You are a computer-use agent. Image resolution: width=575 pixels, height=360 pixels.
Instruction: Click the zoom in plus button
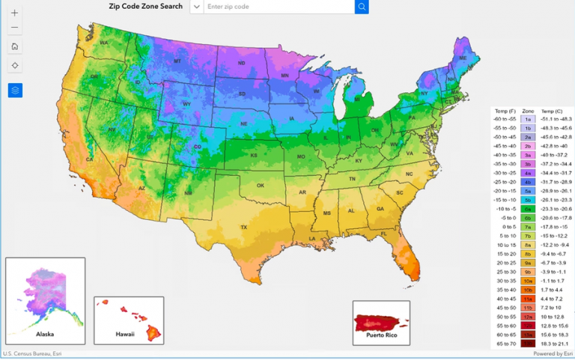15,13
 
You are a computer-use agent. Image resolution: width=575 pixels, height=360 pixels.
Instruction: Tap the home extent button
15,46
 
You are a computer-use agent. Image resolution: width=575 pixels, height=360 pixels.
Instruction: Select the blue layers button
15,90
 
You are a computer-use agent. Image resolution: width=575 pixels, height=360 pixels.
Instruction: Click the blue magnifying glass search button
362,7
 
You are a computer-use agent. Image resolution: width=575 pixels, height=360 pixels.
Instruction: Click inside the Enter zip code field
277,7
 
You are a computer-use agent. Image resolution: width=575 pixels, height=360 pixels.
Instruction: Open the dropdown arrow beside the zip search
196,7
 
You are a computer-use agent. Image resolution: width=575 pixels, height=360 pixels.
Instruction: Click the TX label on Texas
243,227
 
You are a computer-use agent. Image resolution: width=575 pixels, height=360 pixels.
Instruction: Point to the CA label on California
89,159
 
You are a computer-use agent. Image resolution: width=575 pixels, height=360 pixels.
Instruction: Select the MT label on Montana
178,61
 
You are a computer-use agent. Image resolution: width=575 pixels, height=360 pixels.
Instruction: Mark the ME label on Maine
463,58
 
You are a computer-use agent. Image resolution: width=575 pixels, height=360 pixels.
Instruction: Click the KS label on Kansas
255,155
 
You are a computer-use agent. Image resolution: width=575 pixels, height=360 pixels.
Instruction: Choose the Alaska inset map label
45,334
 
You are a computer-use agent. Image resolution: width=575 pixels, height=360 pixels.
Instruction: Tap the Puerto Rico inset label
381,336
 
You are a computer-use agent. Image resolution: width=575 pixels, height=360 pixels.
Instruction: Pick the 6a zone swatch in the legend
528,209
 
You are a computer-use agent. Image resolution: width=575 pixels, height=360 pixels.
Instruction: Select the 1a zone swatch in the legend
528,119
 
